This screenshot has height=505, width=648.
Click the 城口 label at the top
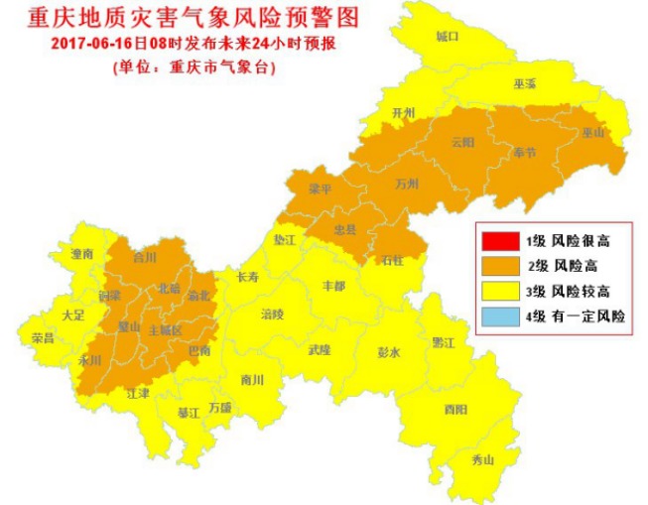[448, 37]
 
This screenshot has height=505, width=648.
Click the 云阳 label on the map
[462, 142]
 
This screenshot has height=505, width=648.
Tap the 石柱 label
[393, 260]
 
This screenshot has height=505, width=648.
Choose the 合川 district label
[146, 257]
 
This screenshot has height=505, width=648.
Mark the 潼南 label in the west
[81, 255]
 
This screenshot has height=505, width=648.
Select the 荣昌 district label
[43, 337]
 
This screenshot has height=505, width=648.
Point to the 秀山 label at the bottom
[481, 459]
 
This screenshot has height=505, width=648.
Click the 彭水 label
[388, 352]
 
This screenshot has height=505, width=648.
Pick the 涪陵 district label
[272, 315]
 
